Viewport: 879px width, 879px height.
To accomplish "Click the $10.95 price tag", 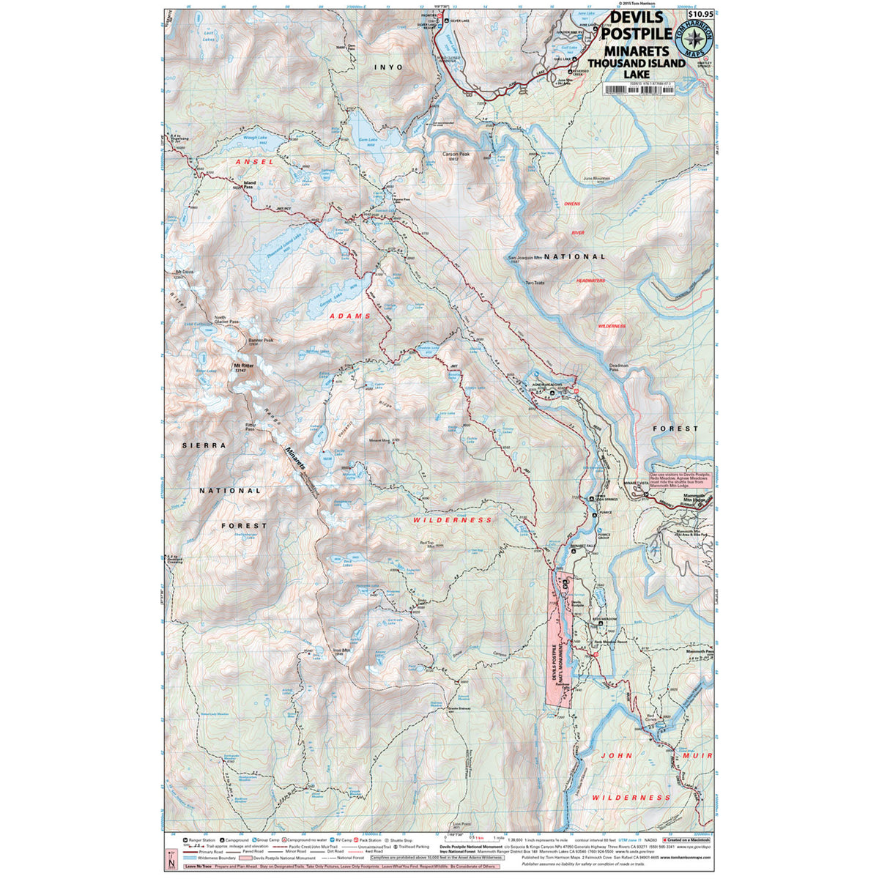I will (701, 13).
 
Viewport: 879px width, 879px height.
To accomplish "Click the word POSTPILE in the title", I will (636, 34).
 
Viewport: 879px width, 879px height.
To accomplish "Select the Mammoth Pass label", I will (700, 651).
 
